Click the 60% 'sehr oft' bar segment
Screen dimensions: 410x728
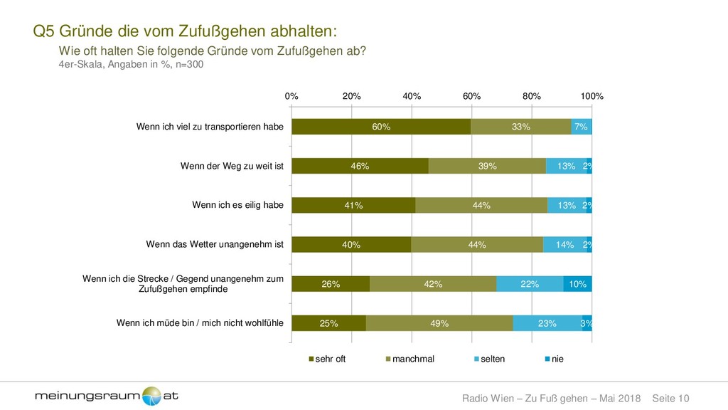tap(381, 127)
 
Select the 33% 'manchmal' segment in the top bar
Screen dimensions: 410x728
tap(520, 127)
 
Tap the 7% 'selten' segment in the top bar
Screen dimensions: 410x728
tap(582, 127)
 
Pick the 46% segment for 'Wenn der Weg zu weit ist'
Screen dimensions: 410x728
tap(360, 166)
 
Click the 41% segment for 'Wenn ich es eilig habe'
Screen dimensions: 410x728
tap(353, 205)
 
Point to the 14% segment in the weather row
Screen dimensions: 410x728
tap(564, 245)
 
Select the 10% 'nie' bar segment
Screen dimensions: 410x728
tap(577, 284)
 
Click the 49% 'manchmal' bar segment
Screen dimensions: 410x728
tap(439, 323)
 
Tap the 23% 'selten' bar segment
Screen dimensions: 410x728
tap(547, 323)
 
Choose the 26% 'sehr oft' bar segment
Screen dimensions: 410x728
tap(331, 284)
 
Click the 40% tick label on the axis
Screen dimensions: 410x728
tap(412, 96)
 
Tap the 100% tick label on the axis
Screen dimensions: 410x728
tap(591, 96)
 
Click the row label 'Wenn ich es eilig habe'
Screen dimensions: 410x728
tap(238, 205)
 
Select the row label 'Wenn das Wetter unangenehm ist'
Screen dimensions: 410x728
tap(215, 245)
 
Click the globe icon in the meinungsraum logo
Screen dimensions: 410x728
tap(152, 396)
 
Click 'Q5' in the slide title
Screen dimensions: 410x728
tap(44, 32)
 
